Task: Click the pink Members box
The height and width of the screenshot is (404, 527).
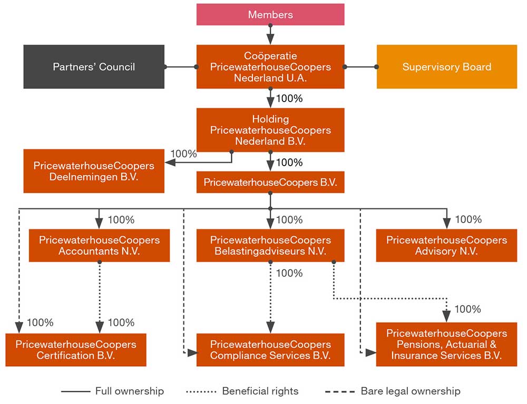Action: point(270,14)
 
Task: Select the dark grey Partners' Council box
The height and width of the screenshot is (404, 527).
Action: point(94,67)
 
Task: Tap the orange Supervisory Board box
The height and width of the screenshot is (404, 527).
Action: point(446,67)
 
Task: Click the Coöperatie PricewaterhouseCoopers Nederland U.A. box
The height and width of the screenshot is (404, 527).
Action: point(270,67)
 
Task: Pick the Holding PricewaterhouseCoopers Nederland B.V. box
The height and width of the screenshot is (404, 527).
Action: point(270,130)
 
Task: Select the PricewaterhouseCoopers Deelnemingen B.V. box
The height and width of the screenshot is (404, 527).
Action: point(94,171)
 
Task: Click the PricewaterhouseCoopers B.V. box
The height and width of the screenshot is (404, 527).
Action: point(270,183)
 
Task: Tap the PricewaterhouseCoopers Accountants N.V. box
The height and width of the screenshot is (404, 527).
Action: point(99,246)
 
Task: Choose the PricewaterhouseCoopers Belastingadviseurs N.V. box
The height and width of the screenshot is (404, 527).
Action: point(270,246)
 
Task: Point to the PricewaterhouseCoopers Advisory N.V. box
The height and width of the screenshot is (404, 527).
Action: point(446,246)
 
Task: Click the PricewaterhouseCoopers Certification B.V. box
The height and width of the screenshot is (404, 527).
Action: point(76,350)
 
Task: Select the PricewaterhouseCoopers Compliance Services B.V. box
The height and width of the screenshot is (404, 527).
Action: point(270,350)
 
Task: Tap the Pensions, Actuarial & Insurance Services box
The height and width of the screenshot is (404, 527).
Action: point(446,344)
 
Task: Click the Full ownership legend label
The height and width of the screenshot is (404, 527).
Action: point(129,391)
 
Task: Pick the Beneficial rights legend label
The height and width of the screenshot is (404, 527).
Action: point(260,391)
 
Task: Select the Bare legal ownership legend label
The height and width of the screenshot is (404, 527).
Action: point(410,391)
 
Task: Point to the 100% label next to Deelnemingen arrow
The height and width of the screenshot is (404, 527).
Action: point(183,154)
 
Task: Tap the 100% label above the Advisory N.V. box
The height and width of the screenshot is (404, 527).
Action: point(467,219)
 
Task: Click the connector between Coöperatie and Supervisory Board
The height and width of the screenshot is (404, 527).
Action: point(360,67)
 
